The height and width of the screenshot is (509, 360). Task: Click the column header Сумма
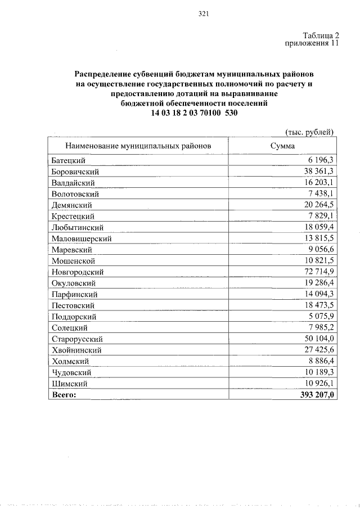pyautogui.click(x=282, y=146)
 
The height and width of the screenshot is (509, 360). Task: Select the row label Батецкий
pyautogui.click(x=68, y=160)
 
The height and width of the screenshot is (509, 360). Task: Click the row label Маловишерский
pyautogui.click(x=81, y=238)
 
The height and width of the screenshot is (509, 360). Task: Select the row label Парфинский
pyautogui.click(x=74, y=294)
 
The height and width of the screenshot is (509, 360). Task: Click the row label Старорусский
pyautogui.click(x=76, y=339)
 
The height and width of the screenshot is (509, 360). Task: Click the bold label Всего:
pyautogui.click(x=63, y=395)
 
